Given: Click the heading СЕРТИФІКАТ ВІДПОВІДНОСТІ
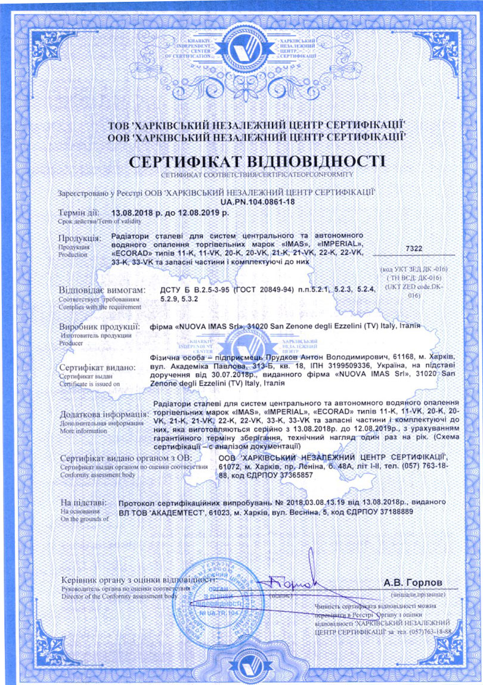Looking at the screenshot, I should [257, 162].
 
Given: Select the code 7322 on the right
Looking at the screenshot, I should [413, 247].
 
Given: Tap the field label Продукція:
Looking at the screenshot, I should [81, 238].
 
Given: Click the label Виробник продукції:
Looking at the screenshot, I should [100, 327].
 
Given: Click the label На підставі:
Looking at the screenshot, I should [83, 503].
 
